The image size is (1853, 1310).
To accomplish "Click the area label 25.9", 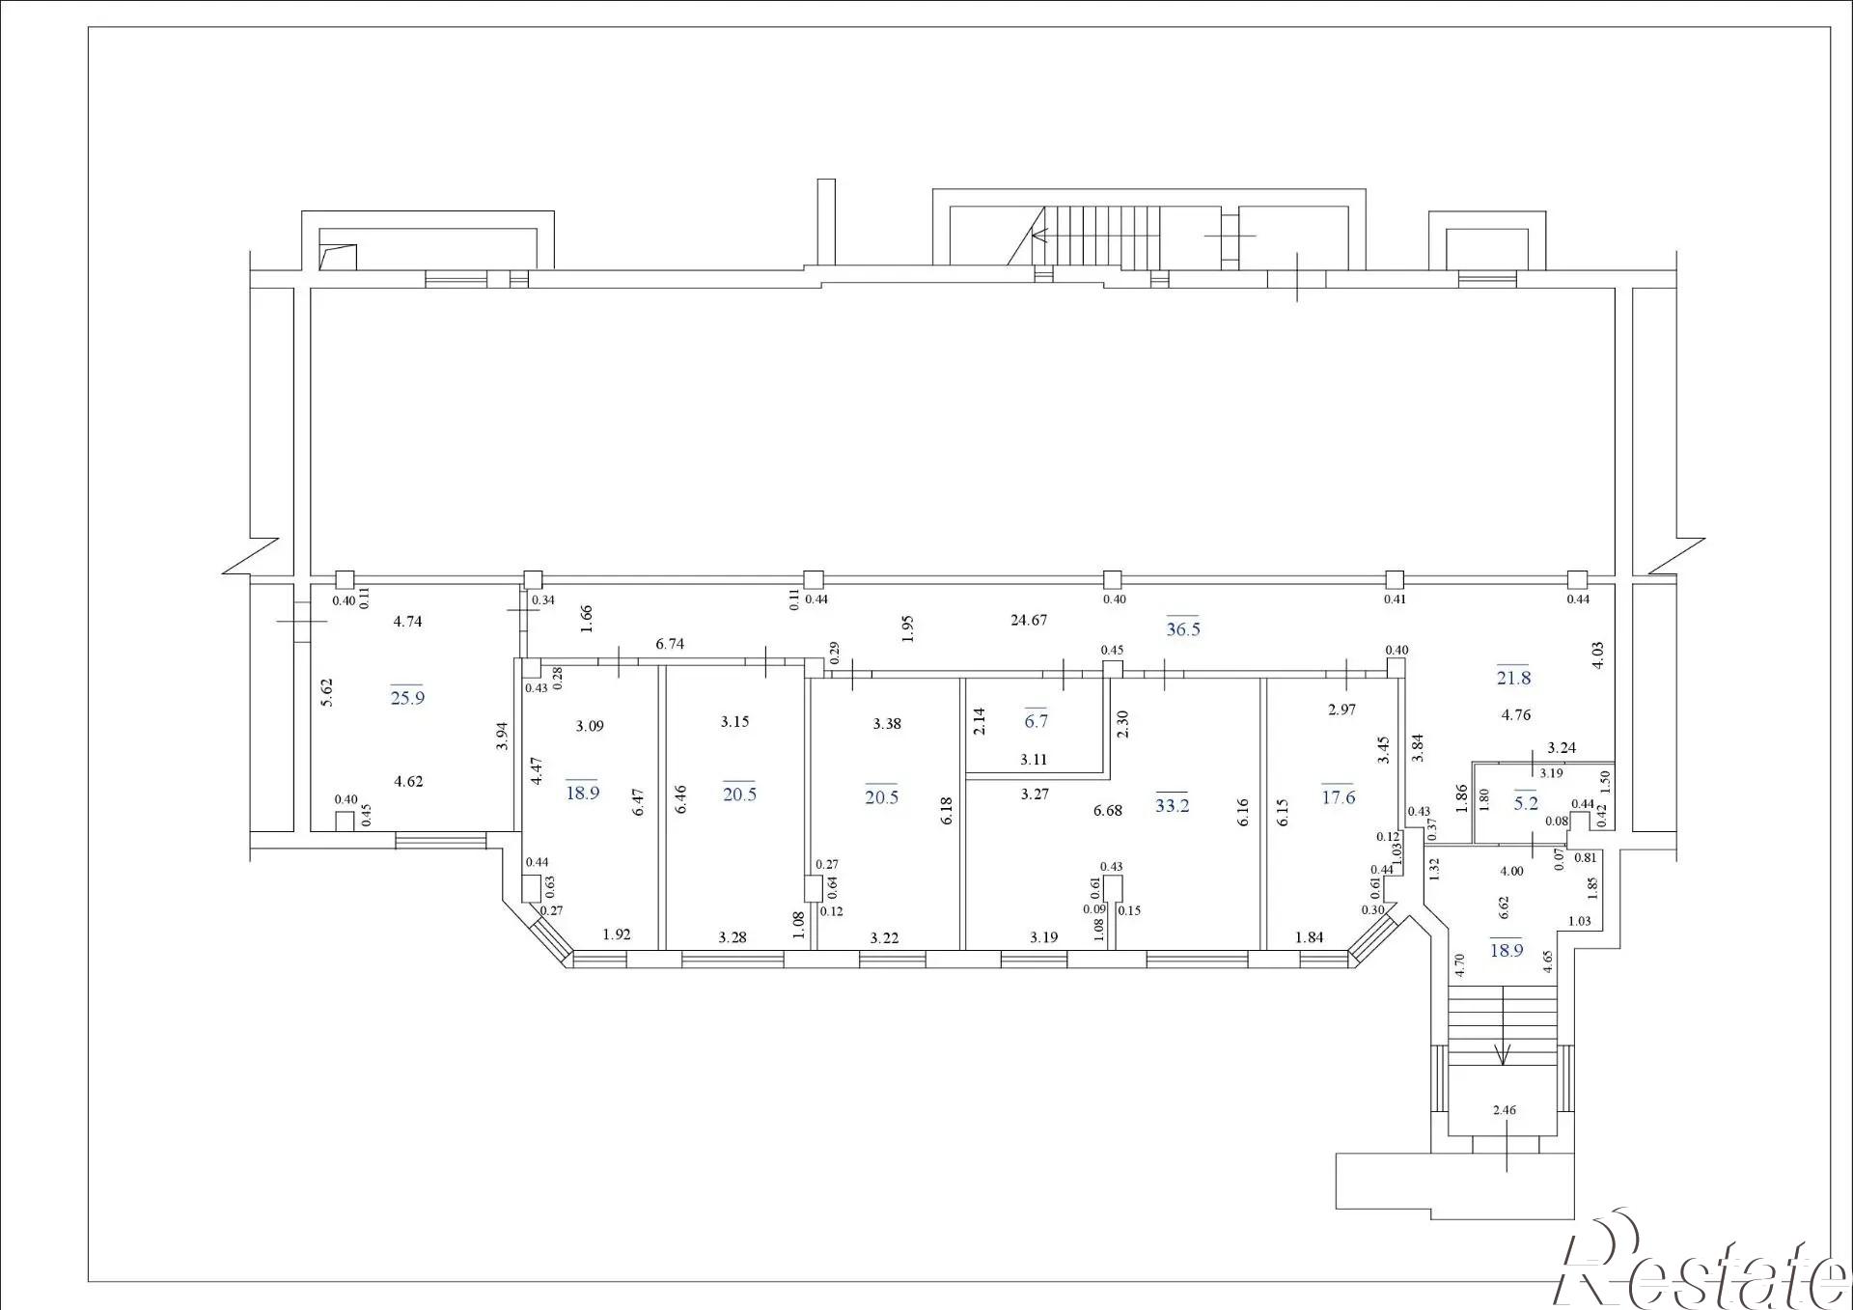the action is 407,697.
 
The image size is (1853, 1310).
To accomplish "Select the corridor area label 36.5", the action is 1183,629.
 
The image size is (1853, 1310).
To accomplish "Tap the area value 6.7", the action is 1036,721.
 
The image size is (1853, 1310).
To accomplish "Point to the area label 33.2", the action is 1172,805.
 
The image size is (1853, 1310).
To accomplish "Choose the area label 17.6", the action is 1339,797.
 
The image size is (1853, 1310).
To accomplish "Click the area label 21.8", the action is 1513,678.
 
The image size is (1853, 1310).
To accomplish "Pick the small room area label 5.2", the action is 1526,803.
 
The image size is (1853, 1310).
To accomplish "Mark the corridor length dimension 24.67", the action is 1029,620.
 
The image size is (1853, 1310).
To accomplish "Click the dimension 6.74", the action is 670,644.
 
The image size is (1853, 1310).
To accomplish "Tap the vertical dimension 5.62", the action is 326,692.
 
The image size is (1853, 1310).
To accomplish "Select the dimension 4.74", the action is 407,622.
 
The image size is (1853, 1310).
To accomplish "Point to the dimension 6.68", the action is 1108,811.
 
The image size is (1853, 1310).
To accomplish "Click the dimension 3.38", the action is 887,724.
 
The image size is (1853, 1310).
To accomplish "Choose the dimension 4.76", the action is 1516,715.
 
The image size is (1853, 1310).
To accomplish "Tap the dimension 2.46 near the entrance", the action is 1504,1110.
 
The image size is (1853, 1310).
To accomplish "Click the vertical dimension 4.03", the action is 1598,655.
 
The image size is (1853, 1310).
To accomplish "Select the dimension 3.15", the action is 734,721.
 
